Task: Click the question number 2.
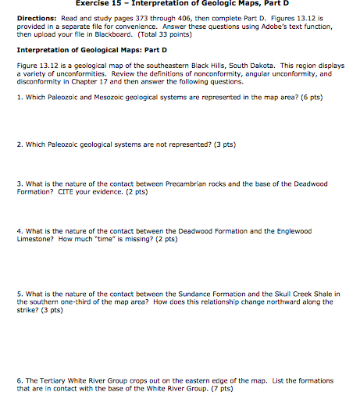[18, 144]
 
